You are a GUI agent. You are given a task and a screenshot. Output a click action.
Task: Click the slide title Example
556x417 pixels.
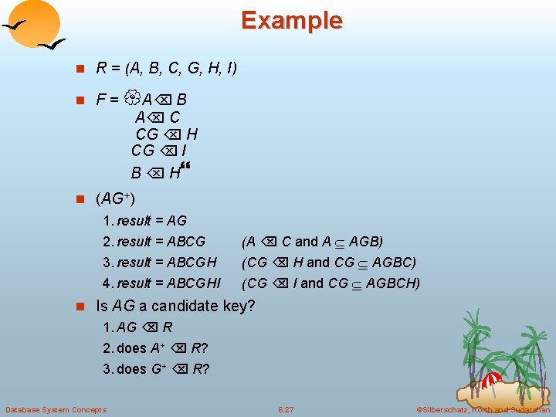(291, 20)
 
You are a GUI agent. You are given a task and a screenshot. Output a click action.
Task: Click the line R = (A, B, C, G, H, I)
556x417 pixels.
(166, 68)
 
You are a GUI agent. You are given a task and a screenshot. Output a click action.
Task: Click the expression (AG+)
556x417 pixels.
(115, 199)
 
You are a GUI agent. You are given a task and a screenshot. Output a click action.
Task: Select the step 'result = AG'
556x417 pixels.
(151, 221)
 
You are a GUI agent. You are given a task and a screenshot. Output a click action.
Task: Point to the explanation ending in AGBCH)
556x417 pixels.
(331, 283)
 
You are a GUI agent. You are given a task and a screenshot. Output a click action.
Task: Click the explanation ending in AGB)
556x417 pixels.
(313, 242)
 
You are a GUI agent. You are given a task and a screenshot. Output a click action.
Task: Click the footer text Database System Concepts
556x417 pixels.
(56, 409)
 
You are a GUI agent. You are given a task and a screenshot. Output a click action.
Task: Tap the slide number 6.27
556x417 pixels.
(286, 409)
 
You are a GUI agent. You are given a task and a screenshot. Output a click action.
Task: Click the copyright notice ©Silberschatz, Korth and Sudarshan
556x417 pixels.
(483, 409)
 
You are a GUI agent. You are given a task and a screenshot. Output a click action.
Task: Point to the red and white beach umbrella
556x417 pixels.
(491, 380)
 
